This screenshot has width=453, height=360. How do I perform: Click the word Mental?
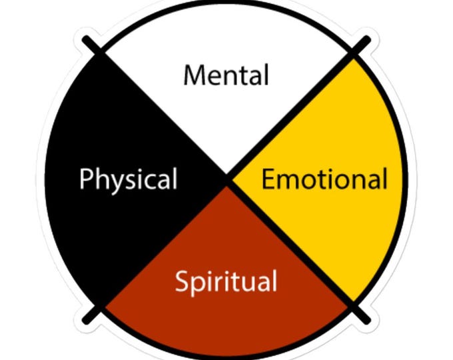pyautogui.click(x=226, y=75)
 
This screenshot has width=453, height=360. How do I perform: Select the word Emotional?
pyautogui.click(x=324, y=179)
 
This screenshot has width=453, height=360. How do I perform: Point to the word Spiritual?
pyautogui.click(x=226, y=282)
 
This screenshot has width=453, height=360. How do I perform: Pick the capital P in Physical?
pyautogui.click(x=85, y=179)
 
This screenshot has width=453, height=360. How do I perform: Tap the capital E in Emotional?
pyautogui.click(x=267, y=179)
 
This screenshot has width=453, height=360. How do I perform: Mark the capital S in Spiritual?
pyautogui.click(x=182, y=281)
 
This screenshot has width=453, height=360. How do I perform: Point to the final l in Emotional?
pyautogui.click(x=384, y=178)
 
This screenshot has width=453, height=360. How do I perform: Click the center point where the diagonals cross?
pyautogui.click(x=228, y=180)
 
